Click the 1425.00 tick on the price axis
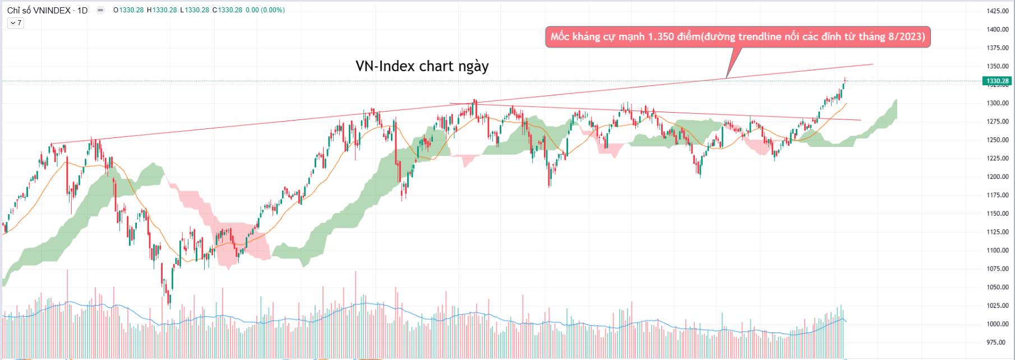click(998, 11)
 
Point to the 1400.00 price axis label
click(998, 30)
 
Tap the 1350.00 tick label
click(998, 66)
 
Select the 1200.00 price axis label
click(998, 177)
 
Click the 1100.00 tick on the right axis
click(998, 251)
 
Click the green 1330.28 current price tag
click(998, 81)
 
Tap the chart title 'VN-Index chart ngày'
click(422, 66)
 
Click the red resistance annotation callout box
click(737, 37)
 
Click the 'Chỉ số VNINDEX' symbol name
click(39, 10)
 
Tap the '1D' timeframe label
click(82, 10)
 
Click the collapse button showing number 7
click(15, 23)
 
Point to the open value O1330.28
click(129, 10)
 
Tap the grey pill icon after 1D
click(100, 10)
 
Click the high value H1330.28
click(162, 10)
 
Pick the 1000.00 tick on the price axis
click(998, 324)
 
